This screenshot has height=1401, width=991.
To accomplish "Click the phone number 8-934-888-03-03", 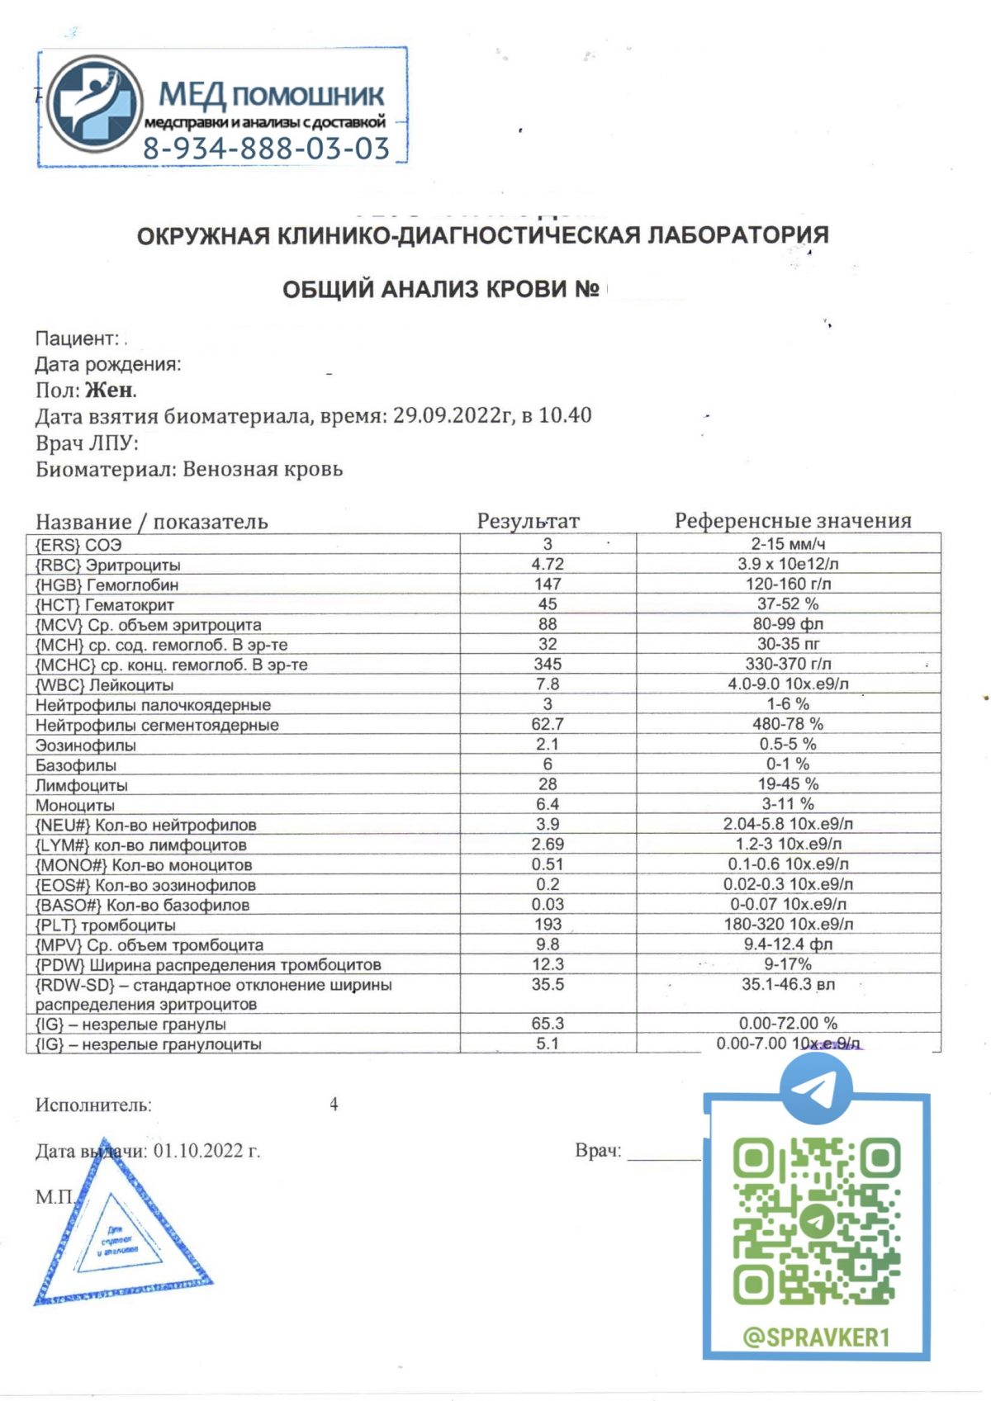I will pos(266,149).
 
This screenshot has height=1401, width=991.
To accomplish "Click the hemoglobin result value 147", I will pos(547,585).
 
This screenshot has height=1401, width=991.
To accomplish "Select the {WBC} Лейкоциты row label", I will pos(104,684).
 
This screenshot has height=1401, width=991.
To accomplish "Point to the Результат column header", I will pos(528,521).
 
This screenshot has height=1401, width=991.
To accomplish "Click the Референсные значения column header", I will pos(792,521).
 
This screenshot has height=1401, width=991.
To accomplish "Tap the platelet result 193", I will pos(547,925).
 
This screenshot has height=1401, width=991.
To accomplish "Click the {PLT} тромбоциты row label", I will pos(105,925).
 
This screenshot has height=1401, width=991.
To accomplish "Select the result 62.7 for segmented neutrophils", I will pos(547,724).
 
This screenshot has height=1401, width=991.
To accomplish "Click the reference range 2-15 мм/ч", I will pos(788,544).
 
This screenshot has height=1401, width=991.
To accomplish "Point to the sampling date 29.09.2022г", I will pos(453,415).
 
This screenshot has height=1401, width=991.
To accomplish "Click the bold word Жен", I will pos(110,390).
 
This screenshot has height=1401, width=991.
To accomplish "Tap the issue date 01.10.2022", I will pos(206,1151).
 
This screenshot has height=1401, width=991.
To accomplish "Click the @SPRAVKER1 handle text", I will pos(816,1337).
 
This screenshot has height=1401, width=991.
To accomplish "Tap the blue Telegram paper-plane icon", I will pos(816,1088).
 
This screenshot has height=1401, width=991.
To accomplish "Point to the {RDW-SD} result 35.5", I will pos(547,985).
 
